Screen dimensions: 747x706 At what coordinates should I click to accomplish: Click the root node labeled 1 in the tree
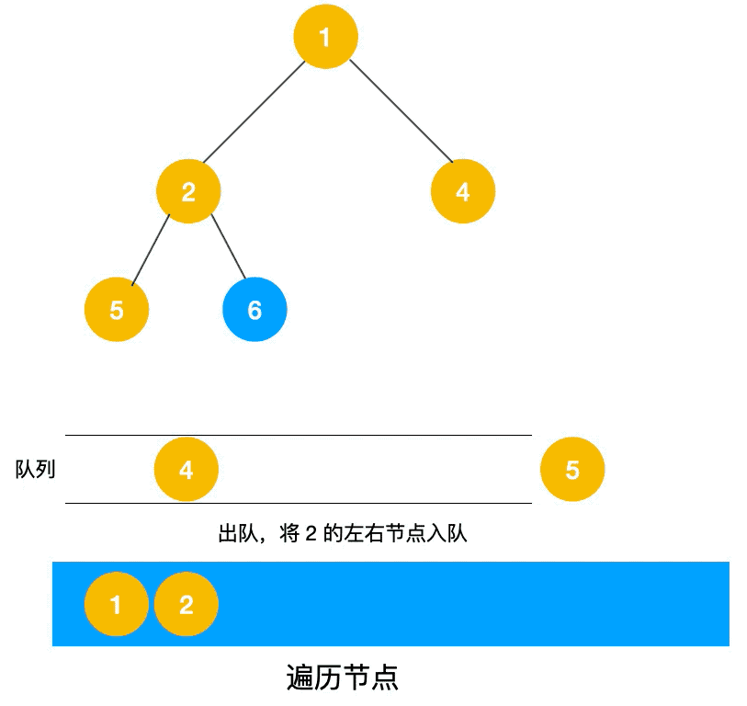tap(326, 37)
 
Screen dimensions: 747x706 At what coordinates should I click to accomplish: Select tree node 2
tap(188, 191)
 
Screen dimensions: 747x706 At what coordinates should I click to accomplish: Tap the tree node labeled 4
tap(463, 191)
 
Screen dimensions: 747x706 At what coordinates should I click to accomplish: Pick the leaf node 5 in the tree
tap(117, 310)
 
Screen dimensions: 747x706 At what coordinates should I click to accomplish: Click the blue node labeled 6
tap(255, 310)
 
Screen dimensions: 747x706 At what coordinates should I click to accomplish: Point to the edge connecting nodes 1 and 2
tap(254, 112)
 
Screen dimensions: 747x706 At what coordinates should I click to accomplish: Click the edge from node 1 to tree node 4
tap(402, 111)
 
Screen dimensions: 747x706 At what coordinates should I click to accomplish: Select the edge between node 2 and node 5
tap(151, 250)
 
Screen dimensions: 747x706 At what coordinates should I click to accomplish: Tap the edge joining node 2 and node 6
tap(229, 246)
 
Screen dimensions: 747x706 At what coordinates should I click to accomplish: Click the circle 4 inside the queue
tap(187, 469)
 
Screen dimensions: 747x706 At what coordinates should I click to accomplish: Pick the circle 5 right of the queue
tap(572, 469)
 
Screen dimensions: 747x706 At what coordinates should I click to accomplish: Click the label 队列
tap(36, 469)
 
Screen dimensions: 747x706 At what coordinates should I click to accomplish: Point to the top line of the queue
tap(299, 435)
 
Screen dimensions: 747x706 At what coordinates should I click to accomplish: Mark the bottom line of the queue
tap(299, 503)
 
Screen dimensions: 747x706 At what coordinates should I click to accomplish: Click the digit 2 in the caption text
tap(311, 533)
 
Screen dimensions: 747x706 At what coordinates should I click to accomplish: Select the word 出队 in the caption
tap(238, 533)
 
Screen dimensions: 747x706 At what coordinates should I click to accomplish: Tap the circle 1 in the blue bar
tap(117, 604)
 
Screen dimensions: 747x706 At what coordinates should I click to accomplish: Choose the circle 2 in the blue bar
tap(187, 604)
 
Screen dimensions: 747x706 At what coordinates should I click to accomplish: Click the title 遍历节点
tap(342, 677)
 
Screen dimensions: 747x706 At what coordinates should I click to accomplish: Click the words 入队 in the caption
tap(447, 533)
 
